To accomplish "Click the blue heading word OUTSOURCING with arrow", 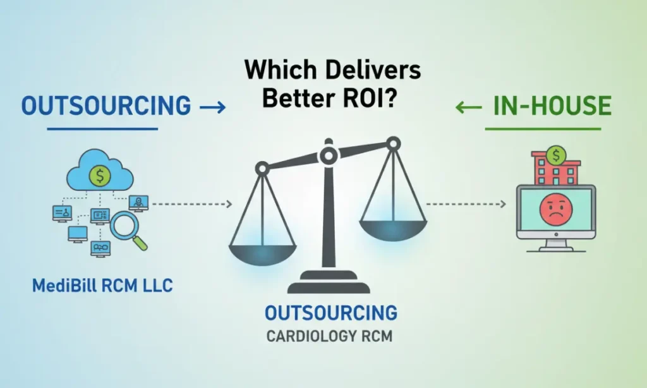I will click(106, 106).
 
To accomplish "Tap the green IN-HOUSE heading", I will click(552, 106).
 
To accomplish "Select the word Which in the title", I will click(277, 69).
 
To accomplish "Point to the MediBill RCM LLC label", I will click(102, 286).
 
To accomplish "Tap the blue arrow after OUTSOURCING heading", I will click(212, 107).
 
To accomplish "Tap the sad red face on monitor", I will click(555, 210).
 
